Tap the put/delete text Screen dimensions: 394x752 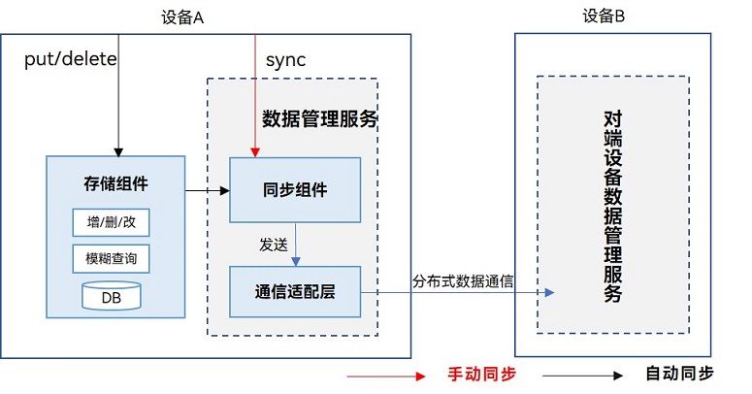click(70, 59)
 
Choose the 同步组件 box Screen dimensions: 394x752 click(295, 189)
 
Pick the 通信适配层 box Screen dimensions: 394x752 click(295, 291)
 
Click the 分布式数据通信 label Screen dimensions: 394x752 click(463, 281)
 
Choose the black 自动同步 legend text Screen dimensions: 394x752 click(679, 374)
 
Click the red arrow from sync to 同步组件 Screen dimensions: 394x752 click(255, 97)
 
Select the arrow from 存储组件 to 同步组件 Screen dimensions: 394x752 click(206, 190)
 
